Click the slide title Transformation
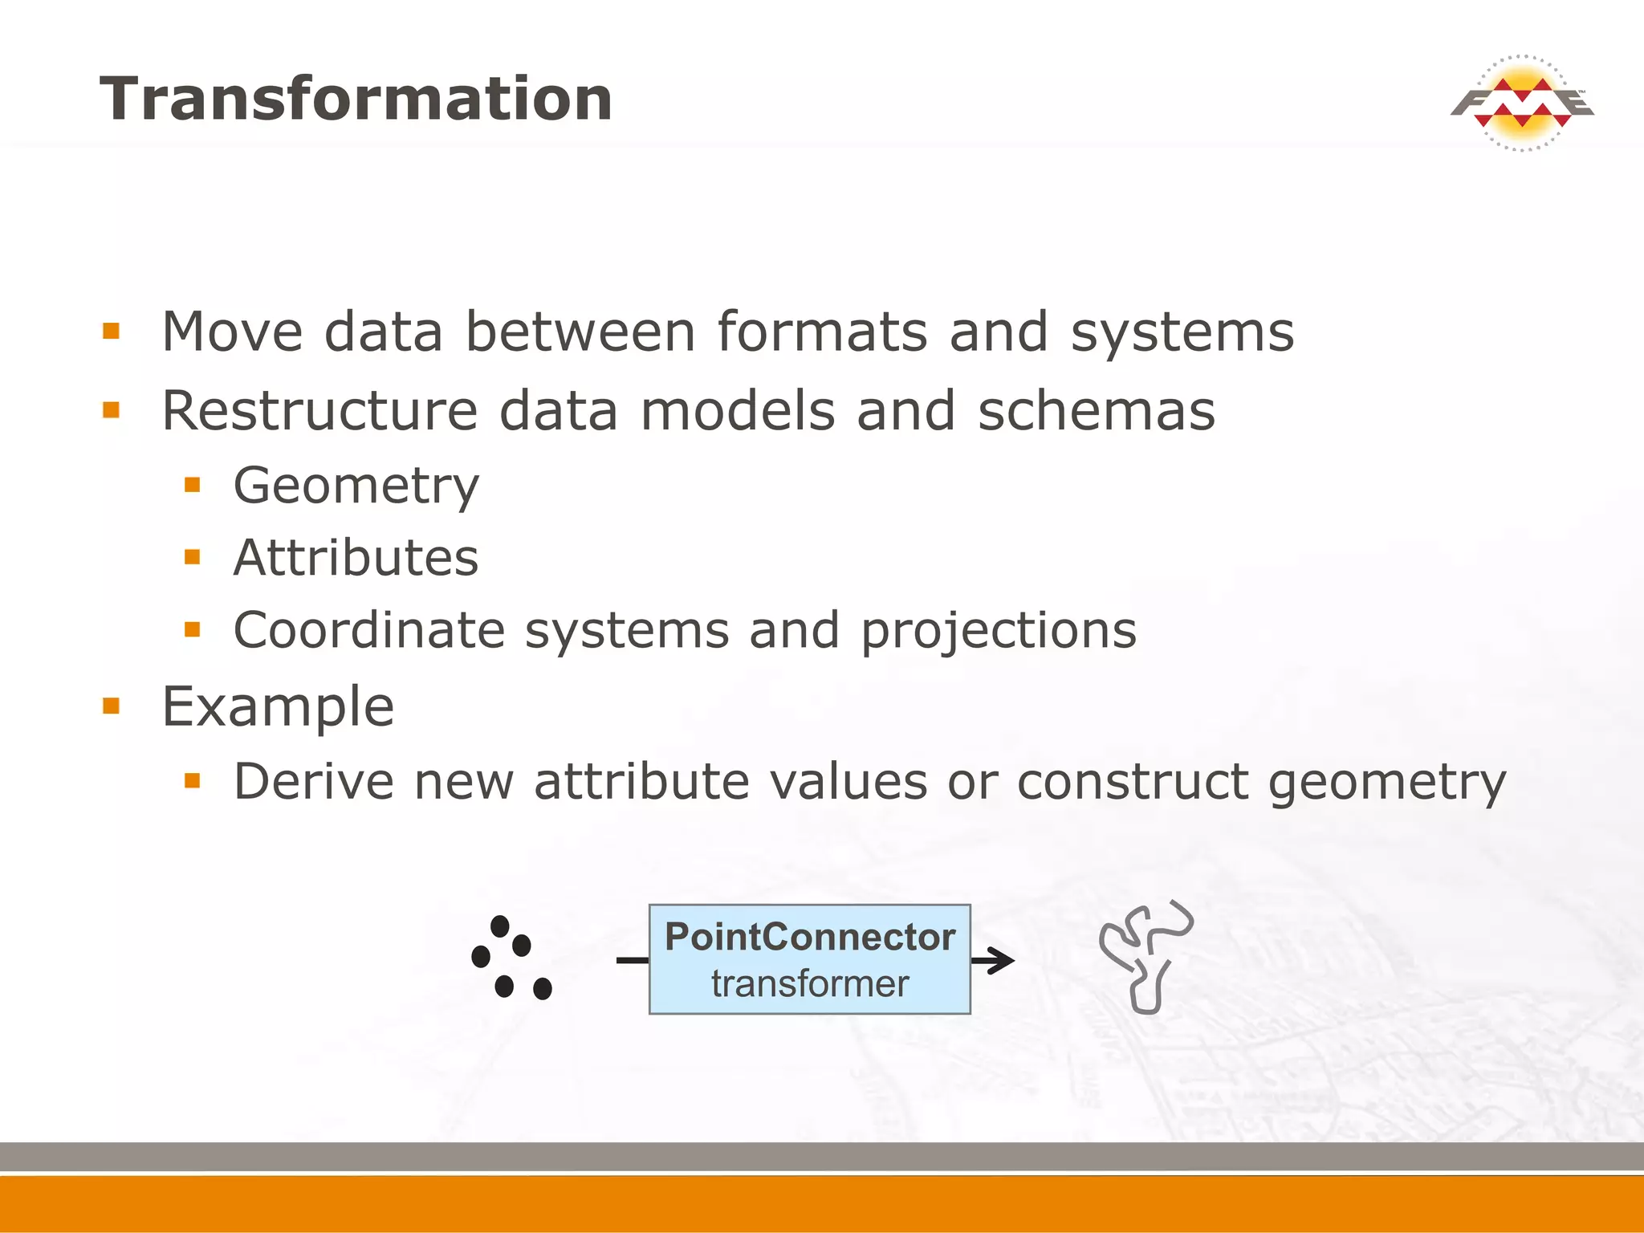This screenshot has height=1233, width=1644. [356, 99]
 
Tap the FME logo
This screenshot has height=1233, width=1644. [1521, 104]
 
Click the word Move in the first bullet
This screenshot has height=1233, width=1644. [232, 332]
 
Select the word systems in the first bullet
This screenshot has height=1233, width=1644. [1182, 332]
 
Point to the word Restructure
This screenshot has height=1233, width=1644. [319, 410]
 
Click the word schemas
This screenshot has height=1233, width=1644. [1096, 410]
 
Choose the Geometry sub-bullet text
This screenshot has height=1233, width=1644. [356, 486]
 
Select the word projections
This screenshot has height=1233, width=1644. [999, 631]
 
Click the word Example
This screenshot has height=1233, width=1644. [278, 707]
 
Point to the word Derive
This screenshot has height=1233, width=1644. [314, 781]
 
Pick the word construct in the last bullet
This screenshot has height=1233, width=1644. [1133, 781]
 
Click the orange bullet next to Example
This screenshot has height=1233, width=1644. [111, 706]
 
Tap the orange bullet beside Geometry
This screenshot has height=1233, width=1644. [192, 485]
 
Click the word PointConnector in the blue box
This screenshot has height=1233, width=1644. [809, 937]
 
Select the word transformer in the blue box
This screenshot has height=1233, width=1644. [809, 983]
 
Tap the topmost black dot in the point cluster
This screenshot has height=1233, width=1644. [499, 926]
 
